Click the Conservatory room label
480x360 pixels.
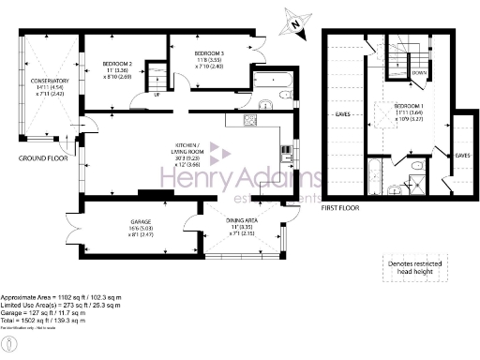pos(49,82)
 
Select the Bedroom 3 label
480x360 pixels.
pos(210,52)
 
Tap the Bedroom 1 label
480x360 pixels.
pos(410,106)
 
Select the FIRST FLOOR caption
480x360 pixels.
pos(344,208)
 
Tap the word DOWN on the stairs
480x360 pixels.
pos(420,72)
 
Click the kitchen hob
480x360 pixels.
pos(250,121)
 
